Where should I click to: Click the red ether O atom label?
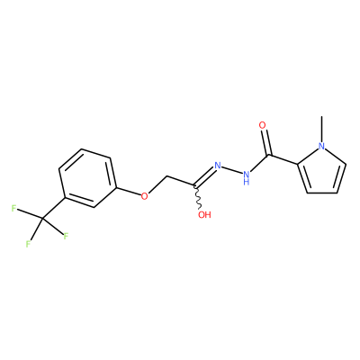click(x=145, y=196)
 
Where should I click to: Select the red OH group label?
click(x=205, y=215)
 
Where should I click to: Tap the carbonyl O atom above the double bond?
click(x=263, y=125)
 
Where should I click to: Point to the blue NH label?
click(x=247, y=177)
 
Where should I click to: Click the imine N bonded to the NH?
click(x=218, y=166)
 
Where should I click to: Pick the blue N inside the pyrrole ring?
click(x=321, y=146)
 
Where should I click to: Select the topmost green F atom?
click(x=13, y=208)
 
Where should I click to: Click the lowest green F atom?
click(x=28, y=244)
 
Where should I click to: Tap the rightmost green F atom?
click(x=66, y=236)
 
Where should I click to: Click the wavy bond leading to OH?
click(x=198, y=197)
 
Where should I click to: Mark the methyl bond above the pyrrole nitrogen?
click(x=321, y=129)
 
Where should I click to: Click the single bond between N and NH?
click(x=232, y=170)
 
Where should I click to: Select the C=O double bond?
click(x=267, y=142)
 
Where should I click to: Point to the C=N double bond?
click(x=205, y=176)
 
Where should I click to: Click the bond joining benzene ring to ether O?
click(x=129, y=192)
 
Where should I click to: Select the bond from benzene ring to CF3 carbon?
click(x=54, y=208)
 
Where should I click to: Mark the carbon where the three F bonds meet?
click(x=42, y=219)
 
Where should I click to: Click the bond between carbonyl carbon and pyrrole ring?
click(x=283, y=159)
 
